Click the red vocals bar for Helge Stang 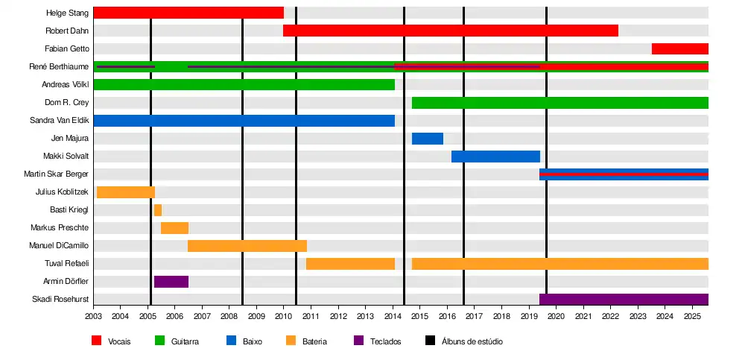[x=188, y=13]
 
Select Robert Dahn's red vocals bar [x=450, y=31]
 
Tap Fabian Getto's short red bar [x=679, y=48]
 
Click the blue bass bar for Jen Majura [x=428, y=139]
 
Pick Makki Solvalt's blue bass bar [x=495, y=157]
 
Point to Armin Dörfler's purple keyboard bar [x=171, y=282]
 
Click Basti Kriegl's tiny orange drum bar [x=158, y=210]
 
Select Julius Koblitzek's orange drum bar [x=126, y=192]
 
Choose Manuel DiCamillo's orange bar [x=247, y=246]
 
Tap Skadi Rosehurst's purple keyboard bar [x=624, y=300]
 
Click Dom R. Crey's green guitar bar [x=559, y=103]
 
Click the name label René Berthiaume [x=59, y=67]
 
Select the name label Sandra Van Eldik [x=60, y=121]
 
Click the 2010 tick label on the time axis [x=284, y=317]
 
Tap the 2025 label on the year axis [x=692, y=317]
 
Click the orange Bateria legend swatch [x=291, y=341]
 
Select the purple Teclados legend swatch [x=358, y=341]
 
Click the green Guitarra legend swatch [x=159, y=341]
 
